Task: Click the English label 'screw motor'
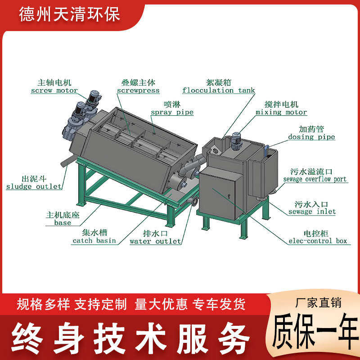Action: tap(54, 90)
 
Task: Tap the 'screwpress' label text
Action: tap(138, 90)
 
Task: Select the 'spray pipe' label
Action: tap(172, 112)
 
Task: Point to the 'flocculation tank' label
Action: tap(219, 90)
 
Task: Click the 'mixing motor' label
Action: tap(281, 112)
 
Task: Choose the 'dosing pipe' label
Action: tap(311, 137)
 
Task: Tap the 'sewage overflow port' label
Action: tap(315, 179)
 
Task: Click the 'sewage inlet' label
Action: tap(312, 211)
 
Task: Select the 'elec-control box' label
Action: tap(319, 241)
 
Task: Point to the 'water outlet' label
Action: tap(155, 241)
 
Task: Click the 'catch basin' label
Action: tap(94, 240)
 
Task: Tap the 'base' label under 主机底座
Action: tap(63, 222)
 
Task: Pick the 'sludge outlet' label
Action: tap(34, 186)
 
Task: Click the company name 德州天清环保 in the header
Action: tap(69, 15)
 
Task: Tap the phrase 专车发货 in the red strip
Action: tap(219, 305)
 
